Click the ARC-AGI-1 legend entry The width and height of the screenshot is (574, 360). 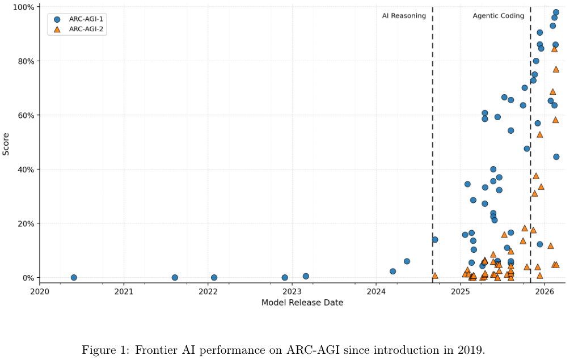point(77,19)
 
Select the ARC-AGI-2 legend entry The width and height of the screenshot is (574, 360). point(77,29)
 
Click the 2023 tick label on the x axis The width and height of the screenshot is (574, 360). point(292,291)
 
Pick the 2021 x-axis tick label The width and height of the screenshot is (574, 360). point(124,291)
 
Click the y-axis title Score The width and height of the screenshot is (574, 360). point(6,144)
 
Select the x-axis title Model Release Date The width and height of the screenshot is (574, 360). point(302,303)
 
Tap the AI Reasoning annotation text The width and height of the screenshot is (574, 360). point(404,16)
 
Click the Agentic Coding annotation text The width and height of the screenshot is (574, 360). point(498,16)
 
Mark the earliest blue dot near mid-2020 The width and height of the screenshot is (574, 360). point(74,278)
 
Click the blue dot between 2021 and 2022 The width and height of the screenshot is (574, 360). point(175,278)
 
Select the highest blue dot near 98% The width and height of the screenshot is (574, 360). point(556,12)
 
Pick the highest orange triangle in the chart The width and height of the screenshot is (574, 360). point(554,49)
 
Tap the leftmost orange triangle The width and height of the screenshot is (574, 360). point(435,276)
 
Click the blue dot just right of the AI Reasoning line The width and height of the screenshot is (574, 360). point(435,240)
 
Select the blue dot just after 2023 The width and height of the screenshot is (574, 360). point(306,276)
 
